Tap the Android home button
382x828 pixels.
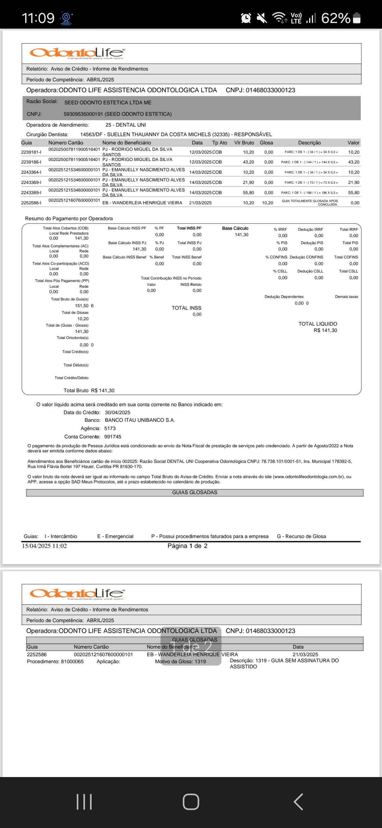(x=191, y=801)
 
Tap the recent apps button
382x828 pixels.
(x=84, y=801)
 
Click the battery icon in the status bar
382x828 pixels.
(x=357, y=18)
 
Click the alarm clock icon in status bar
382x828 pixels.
(x=246, y=18)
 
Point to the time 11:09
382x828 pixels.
(x=38, y=18)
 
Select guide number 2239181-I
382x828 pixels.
(x=31, y=152)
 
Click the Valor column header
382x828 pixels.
(x=353, y=143)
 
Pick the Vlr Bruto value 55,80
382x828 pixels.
(x=248, y=193)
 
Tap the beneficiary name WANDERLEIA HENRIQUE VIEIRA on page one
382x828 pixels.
(x=147, y=203)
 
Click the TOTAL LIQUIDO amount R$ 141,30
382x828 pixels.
(x=325, y=330)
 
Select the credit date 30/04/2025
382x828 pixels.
(x=117, y=413)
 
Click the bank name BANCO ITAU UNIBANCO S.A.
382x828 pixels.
(x=140, y=420)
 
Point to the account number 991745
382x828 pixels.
(x=113, y=437)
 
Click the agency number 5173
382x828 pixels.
(x=110, y=429)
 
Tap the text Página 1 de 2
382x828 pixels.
(x=187, y=546)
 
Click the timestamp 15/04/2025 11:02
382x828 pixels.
(x=44, y=546)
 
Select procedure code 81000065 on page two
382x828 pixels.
(x=73, y=661)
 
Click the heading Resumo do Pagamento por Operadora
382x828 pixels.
(x=69, y=219)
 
